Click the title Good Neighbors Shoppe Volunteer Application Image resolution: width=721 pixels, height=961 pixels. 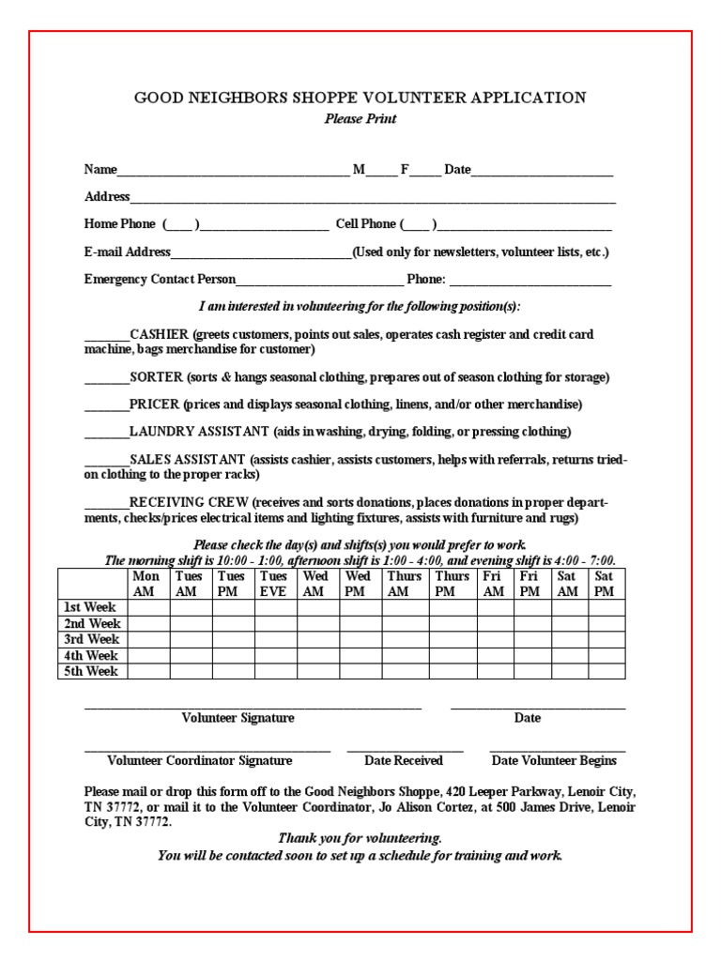360,98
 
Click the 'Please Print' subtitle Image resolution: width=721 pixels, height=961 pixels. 360,119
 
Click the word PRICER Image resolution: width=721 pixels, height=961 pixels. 154,404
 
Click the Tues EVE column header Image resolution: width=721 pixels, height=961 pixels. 275,584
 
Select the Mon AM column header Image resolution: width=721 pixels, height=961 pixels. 147,584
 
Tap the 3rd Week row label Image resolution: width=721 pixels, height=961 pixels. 92,639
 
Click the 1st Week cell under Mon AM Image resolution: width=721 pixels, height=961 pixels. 147,607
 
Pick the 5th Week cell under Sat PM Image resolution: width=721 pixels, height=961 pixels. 606,671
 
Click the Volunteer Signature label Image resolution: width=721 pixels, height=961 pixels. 238,718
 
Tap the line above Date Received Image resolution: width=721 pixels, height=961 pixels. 405,751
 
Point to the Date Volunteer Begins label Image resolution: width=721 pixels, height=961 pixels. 554,761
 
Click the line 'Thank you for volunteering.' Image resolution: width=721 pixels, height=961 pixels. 360,838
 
